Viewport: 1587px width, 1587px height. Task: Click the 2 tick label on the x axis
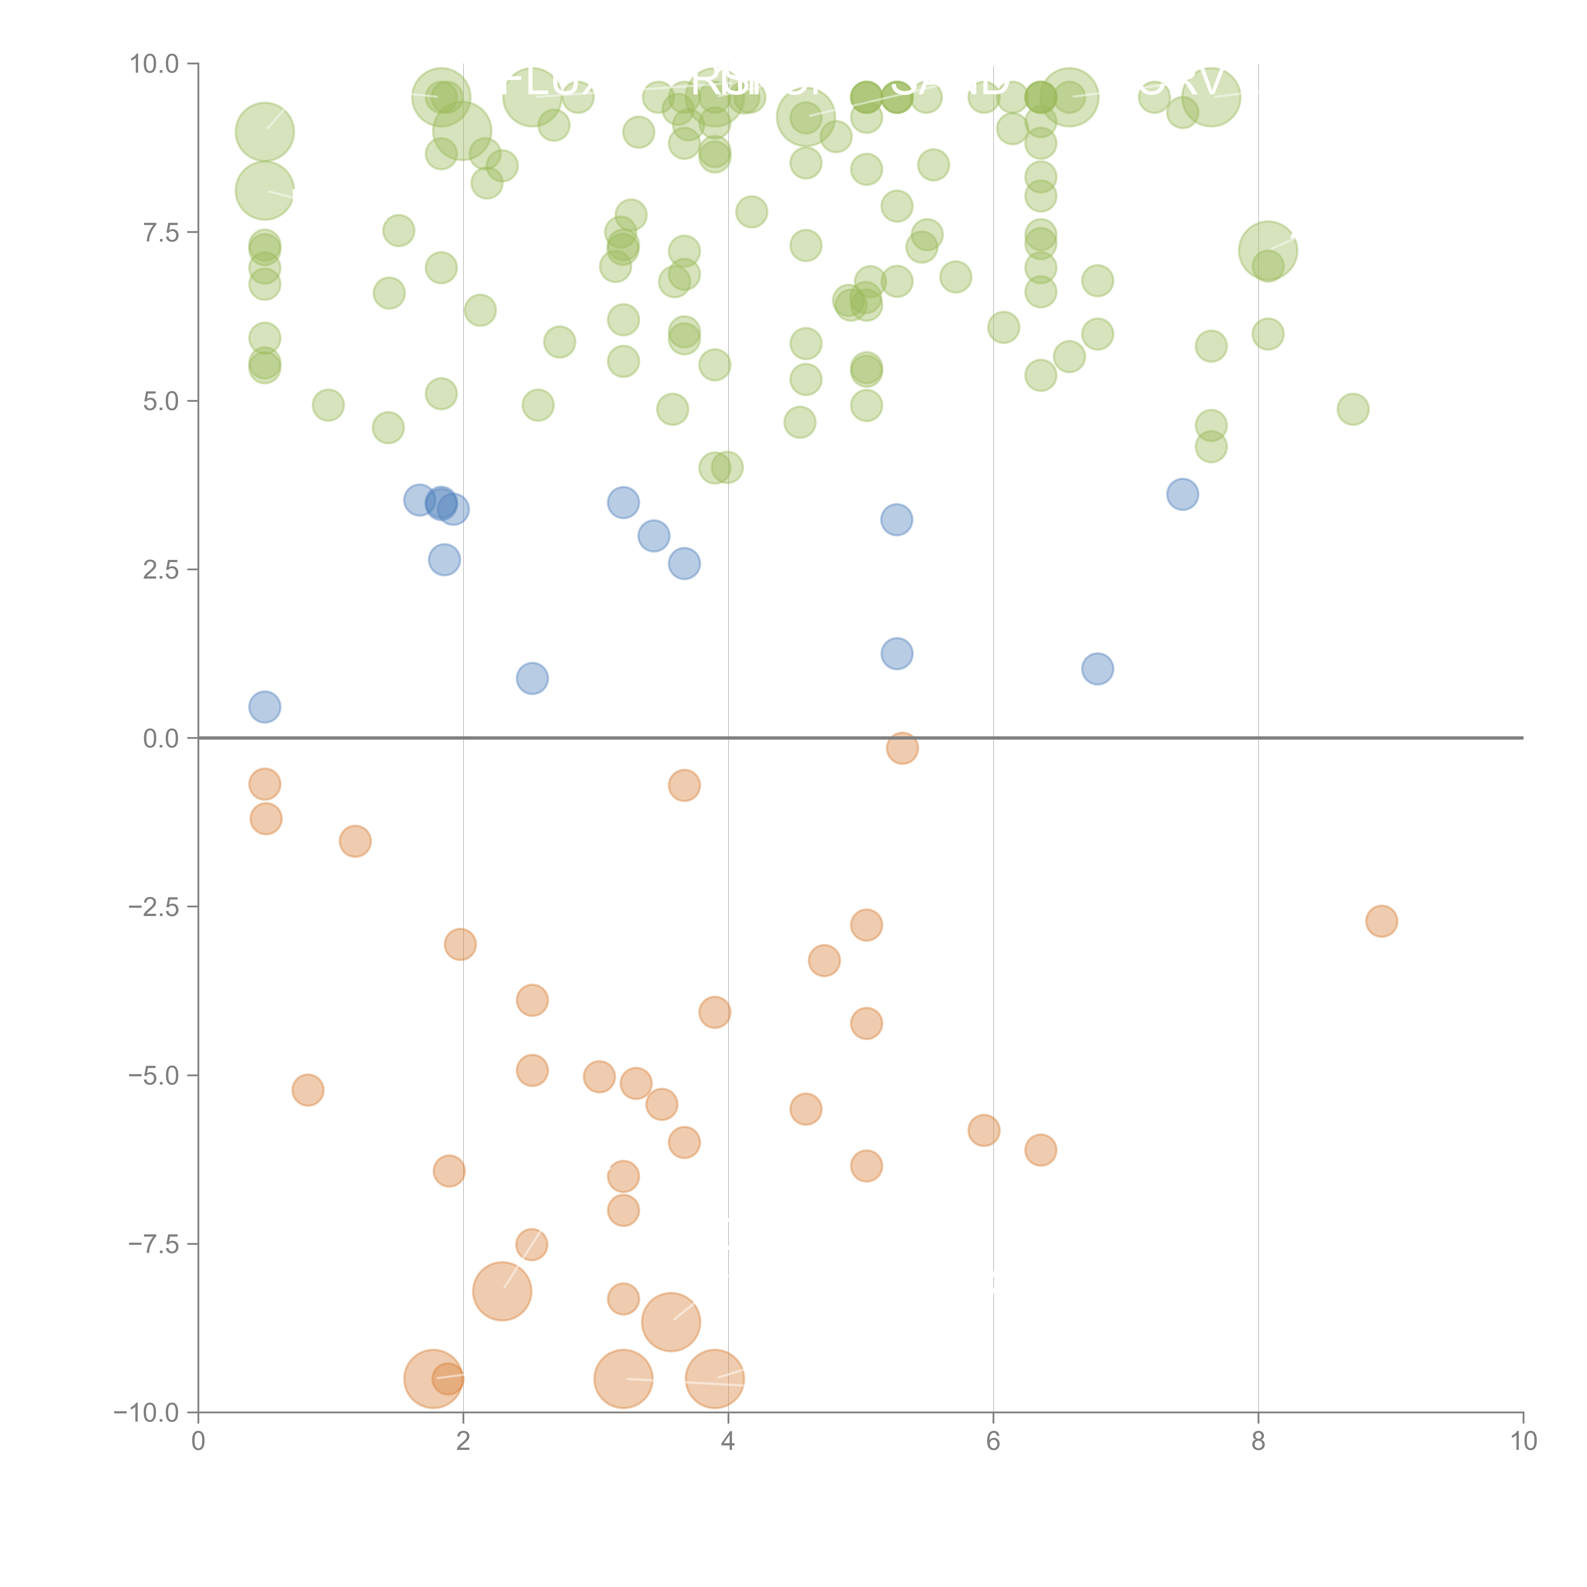[463, 1442]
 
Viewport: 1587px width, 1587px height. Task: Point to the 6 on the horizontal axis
[993, 1442]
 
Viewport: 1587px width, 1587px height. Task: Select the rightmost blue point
[1182, 494]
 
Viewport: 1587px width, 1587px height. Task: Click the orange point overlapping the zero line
[902, 747]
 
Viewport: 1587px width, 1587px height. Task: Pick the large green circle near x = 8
[1267, 250]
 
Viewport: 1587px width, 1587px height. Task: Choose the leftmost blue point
[264, 707]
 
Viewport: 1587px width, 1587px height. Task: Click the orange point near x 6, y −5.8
[983, 1130]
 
